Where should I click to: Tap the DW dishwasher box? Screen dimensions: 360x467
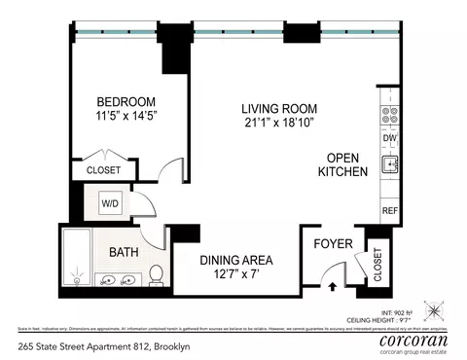(x=388, y=139)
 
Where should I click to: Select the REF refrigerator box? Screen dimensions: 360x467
(x=388, y=209)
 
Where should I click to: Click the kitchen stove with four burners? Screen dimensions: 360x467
(x=388, y=117)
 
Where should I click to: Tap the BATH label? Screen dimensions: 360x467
(x=124, y=252)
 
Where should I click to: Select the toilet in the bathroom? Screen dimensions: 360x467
(x=157, y=275)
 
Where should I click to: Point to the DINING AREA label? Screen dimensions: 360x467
(x=235, y=260)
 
